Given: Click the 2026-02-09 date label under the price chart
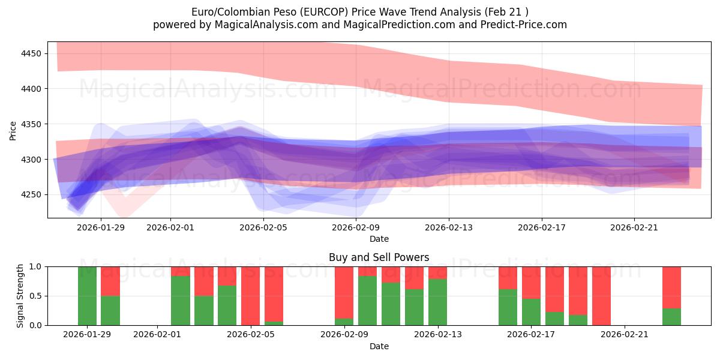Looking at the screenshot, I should point(356,227).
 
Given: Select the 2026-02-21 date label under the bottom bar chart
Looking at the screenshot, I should point(625,335).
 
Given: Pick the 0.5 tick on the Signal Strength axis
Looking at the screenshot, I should point(35,296).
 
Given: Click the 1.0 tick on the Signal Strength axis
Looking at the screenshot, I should point(35,266).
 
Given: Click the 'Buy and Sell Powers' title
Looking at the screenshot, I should point(379,257).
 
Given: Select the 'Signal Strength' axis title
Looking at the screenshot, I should point(20,295).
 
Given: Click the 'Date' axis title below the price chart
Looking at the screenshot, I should point(379,239).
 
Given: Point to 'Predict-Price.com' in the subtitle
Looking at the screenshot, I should point(524,25).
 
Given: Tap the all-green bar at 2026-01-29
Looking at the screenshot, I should point(87,295).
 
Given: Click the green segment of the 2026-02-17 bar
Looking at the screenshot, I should point(532,312).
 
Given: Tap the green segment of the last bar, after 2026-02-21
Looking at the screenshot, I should point(671,317).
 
